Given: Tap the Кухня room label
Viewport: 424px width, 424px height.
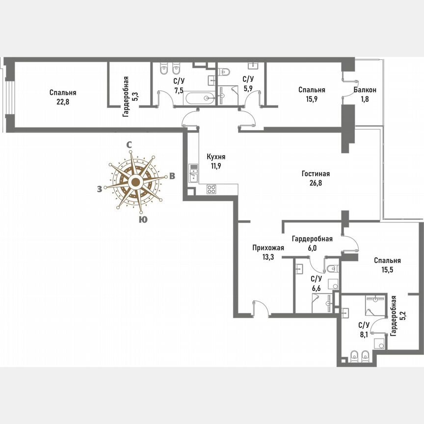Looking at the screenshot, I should click(x=216, y=157).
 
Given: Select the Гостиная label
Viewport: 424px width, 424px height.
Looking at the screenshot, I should click(x=315, y=174).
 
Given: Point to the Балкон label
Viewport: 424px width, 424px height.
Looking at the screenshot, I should click(x=365, y=90).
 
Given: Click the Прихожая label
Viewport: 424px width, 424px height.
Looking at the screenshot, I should click(x=268, y=248).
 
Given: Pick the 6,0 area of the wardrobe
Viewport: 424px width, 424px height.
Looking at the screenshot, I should click(x=312, y=248).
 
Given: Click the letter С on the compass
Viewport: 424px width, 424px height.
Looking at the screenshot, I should click(x=129, y=145).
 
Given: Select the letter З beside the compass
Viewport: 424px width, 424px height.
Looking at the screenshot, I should click(x=100, y=189).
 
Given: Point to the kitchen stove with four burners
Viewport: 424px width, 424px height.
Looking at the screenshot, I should click(x=212, y=189).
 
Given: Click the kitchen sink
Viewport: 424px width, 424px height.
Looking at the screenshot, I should click(x=193, y=174).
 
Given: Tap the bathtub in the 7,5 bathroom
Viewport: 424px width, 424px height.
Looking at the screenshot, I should click(x=199, y=98).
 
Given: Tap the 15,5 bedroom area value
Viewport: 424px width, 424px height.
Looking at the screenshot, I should click(x=387, y=270).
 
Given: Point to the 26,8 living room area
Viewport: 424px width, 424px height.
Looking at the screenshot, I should click(x=315, y=184).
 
